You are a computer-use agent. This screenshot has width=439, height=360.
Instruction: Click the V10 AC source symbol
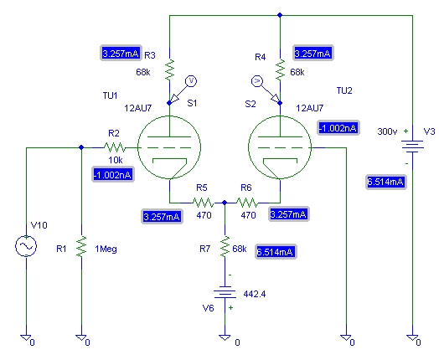[x=26, y=246]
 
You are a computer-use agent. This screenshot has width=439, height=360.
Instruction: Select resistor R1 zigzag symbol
[x=81, y=246]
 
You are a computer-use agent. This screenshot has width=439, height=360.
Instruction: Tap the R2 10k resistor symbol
[x=115, y=147]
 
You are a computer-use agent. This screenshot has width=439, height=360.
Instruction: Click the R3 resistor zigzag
[x=169, y=69]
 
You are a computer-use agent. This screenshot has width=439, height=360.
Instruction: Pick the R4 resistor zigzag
[x=280, y=69]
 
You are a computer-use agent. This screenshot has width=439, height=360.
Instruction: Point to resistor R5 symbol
[x=203, y=203]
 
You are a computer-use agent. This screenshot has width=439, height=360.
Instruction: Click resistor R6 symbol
[x=247, y=203]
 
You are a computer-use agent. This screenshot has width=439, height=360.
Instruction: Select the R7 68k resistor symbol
[x=225, y=246]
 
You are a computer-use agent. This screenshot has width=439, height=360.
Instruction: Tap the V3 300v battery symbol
[x=412, y=146]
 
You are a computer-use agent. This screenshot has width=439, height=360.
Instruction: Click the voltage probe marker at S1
[x=184, y=90]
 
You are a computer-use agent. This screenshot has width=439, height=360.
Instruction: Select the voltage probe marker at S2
[x=265, y=90]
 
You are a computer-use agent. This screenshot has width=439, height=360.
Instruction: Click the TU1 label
[x=110, y=95]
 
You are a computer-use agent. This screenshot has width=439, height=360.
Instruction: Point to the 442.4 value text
[x=255, y=294]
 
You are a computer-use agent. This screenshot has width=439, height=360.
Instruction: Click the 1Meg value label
[x=106, y=249]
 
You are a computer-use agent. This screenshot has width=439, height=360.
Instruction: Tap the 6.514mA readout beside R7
[x=276, y=252]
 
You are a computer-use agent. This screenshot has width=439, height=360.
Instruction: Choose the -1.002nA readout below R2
[x=113, y=175]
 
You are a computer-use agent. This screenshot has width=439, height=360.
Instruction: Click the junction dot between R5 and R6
[x=225, y=203]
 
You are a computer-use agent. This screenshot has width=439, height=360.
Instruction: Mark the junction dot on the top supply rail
[x=280, y=15]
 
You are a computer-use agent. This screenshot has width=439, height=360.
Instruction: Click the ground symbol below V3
[x=412, y=338]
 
